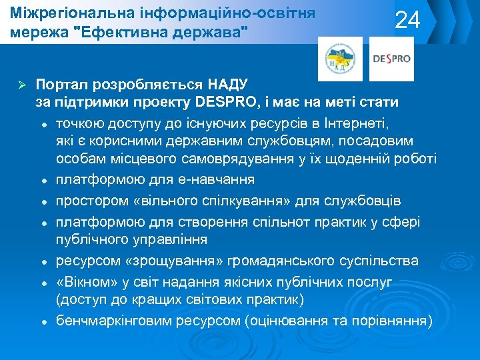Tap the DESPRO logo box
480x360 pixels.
click(391, 59)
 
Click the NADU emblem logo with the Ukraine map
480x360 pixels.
click(340, 59)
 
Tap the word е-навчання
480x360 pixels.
click(213, 180)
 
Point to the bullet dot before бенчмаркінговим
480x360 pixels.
click(42, 321)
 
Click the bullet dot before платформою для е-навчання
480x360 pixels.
click(42, 181)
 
